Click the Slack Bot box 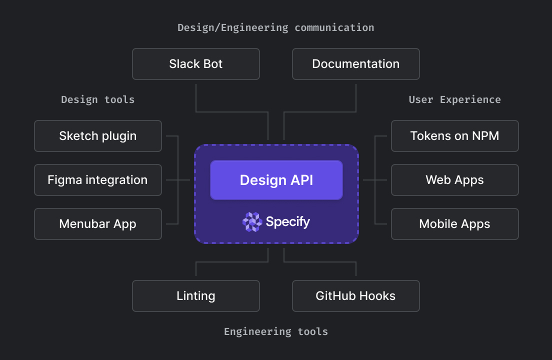pyautogui.click(x=195, y=64)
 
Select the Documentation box pyautogui.click(x=355, y=64)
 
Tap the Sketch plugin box pyautogui.click(x=98, y=136)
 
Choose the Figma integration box pyautogui.click(x=98, y=180)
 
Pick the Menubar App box pyautogui.click(x=98, y=224)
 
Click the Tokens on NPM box pyautogui.click(x=454, y=136)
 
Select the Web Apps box pyautogui.click(x=454, y=180)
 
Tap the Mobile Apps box pyautogui.click(x=454, y=224)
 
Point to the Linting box pyautogui.click(x=195, y=296)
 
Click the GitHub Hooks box pyautogui.click(x=355, y=296)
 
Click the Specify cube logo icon pyautogui.click(x=252, y=222)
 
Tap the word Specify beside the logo pyautogui.click(x=287, y=221)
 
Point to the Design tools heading pyautogui.click(x=98, y=99)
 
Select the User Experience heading pyautogui.click(x=454, y=99)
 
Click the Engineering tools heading pyautogui.click(x=276, y=331)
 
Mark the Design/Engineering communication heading pyautogui.click(x=276, y=27)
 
